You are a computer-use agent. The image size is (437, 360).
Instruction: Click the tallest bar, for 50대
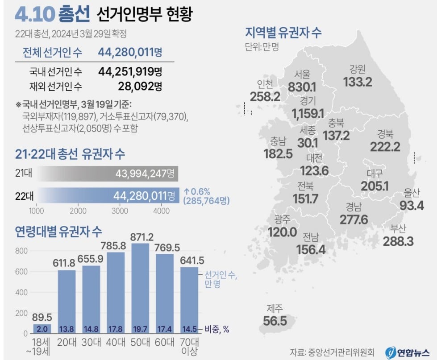pos(140,289)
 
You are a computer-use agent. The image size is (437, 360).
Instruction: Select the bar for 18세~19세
pos(42,329)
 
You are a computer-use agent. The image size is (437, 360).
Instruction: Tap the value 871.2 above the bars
pos(142,237)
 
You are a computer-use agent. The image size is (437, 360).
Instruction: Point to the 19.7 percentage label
pos(140,329)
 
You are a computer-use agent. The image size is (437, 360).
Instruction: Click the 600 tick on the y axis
pos(21,272)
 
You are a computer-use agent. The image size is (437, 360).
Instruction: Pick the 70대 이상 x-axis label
pos(190,347)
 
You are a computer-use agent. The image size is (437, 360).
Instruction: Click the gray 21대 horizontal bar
pos(108,174)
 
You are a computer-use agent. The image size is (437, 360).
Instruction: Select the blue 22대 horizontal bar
pos(108,195)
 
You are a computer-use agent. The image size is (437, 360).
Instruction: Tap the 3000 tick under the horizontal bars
pos(120,211)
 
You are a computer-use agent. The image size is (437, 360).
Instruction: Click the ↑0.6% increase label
pos(197,191)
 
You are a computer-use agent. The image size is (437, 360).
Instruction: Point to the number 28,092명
pos(140,86)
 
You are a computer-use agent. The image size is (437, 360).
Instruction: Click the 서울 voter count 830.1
pos(302,87)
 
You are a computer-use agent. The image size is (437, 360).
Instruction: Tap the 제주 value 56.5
pos(275,321)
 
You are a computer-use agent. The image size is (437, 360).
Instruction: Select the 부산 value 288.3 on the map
pos(398,241)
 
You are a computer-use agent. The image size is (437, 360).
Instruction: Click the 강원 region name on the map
pos(357,69)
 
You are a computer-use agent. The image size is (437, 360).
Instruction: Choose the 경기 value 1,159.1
pos(308,113)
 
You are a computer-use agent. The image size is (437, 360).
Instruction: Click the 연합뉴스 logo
pos(408,352)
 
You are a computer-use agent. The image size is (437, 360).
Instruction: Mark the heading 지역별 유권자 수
pos(283,33)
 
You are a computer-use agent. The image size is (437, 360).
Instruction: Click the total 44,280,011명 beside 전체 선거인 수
pos(130,52)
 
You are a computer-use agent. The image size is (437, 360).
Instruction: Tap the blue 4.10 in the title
pos(35,14)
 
